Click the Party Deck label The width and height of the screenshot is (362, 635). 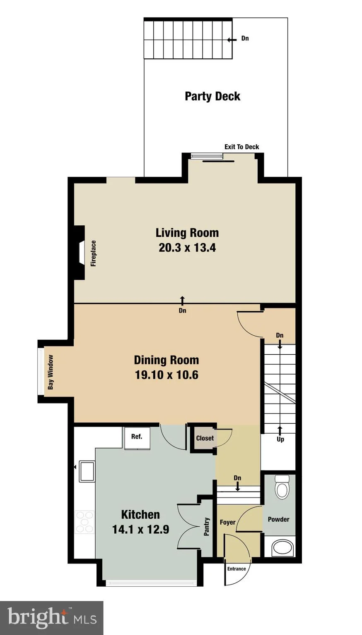click(x=212, y=96)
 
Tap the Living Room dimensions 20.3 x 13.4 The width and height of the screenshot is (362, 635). click(x=187, y=248)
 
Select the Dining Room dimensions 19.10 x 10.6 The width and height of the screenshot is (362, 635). click(x=167, y=375)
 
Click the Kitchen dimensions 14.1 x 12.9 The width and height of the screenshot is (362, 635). click(x=140, y=529)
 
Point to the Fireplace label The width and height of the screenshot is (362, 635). click(x=94, y=253)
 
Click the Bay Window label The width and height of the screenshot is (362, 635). click(x=51, y=372)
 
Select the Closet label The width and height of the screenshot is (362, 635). click(x=205, y=438)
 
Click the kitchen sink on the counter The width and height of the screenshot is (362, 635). click(x=87, y=471)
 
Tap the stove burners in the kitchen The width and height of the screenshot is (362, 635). click(x=84, y=522)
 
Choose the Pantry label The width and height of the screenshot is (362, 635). click(x=207, y=526)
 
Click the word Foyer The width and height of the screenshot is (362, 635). click(x=227, y=522)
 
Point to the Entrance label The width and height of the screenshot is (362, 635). click(x=237, y=569)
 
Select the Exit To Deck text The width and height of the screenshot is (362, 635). click(x=241, y=147)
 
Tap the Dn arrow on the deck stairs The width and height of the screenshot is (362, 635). click(x=232, y=40)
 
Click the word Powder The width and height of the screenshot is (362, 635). click(x=278, y=519)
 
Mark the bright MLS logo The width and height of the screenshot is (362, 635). click(x=52, y=617)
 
